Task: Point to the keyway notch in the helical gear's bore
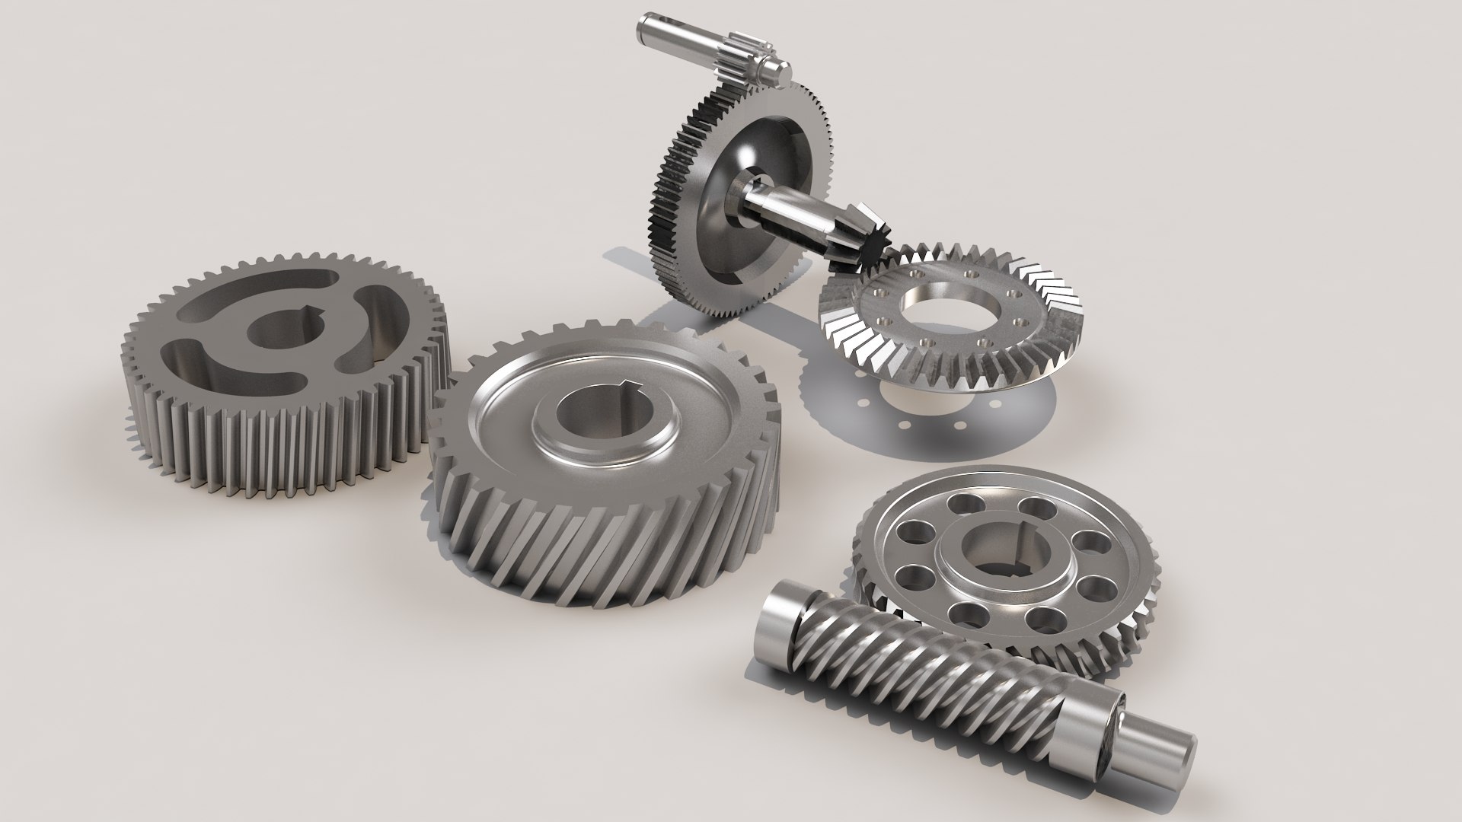pyautogui.click(x=626, y=384)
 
